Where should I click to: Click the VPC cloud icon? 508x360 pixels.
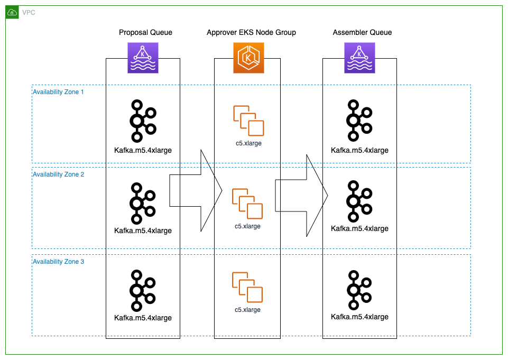12,12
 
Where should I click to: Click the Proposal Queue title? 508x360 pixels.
145,33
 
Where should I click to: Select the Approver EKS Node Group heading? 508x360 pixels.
251,33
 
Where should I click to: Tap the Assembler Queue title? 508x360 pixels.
362,33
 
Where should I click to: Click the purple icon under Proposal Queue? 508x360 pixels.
143,58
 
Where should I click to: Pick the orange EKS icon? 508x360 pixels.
248,58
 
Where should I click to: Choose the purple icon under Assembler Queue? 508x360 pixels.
359,58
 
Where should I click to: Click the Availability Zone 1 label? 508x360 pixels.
58,92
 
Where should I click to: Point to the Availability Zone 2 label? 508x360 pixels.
58,174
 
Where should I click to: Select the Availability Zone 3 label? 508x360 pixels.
58,262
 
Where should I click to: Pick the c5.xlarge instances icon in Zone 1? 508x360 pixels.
248,121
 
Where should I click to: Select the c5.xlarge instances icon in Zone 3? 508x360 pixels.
248,288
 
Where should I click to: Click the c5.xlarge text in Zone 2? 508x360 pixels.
248,226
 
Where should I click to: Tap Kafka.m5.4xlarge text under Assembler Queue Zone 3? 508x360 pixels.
359,317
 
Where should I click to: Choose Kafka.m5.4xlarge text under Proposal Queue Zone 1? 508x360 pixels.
143,150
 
